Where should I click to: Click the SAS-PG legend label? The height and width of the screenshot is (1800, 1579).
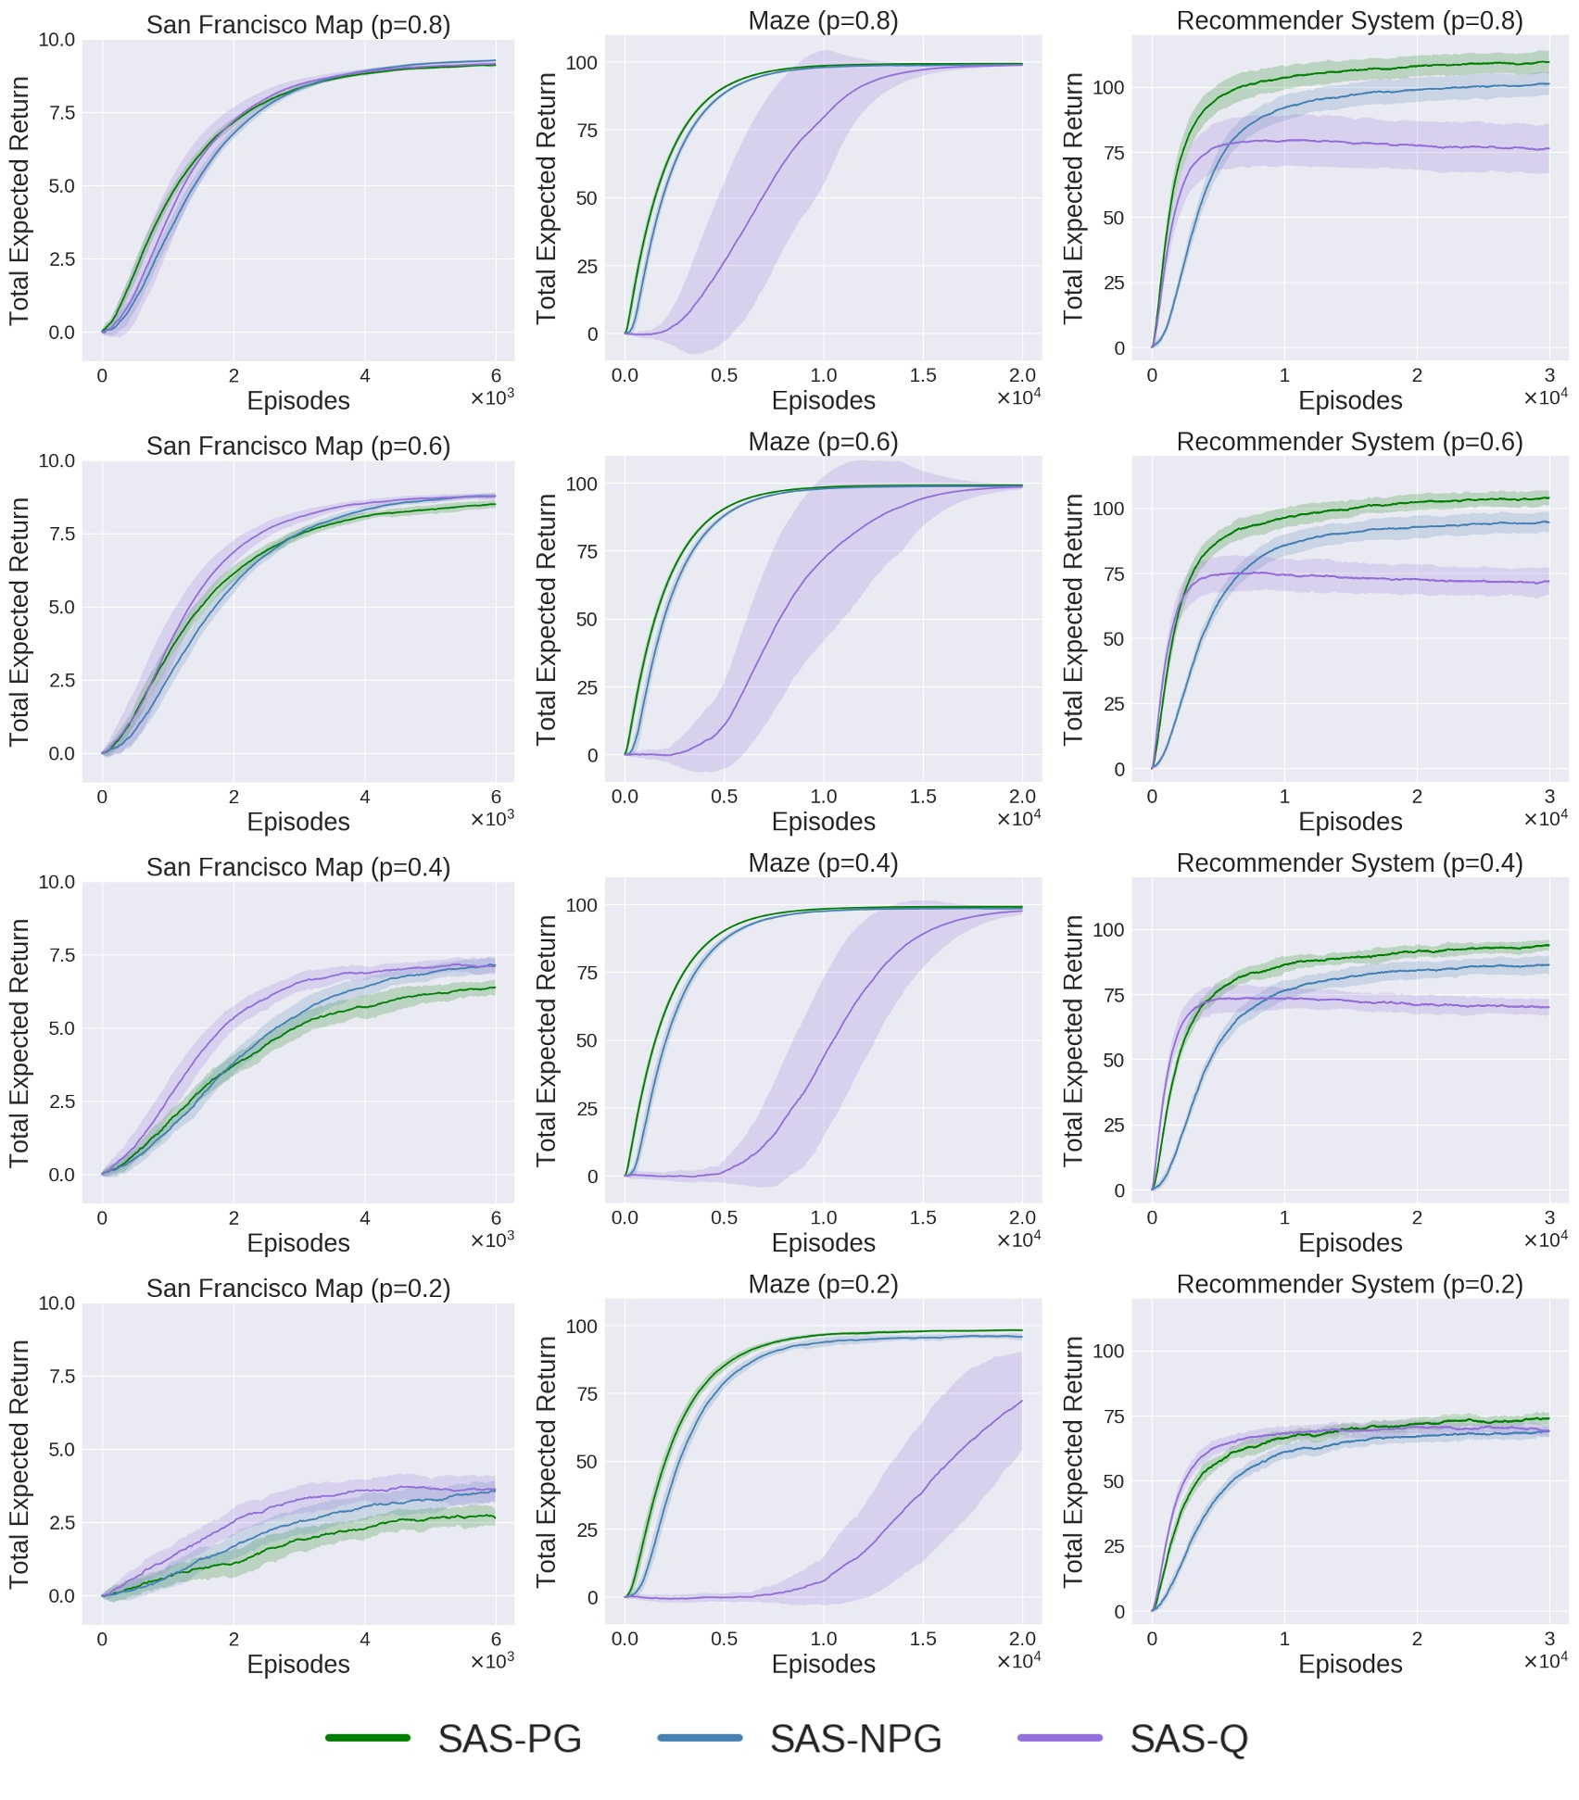click(510, 1739)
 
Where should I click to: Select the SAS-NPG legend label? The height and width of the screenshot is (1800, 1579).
click(855, 1739)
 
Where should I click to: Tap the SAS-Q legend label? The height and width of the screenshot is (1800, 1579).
click(1189, 1739)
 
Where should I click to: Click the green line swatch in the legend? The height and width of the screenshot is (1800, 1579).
click(368, 1738)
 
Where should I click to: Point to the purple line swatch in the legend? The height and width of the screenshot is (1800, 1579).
click(1060, 1738)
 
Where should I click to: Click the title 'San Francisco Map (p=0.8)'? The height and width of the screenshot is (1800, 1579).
click(298, 25)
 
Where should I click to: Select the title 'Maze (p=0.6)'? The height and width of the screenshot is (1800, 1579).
click(823, 442)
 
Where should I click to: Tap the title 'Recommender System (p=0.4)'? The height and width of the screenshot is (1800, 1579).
click(1349, 863)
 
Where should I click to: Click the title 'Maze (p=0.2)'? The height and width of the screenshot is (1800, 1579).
click(823, 1284)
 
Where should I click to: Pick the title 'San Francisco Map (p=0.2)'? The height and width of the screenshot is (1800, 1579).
click(298, 1289)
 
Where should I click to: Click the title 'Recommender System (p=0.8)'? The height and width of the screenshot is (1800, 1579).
click(1349, 21)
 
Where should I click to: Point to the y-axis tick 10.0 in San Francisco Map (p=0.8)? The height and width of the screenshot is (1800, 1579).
click(57, 40)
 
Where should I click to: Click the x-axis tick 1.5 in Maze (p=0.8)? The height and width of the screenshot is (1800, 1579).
click(923, 376)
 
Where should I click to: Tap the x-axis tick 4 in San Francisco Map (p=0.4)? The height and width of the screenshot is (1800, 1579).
click(365, 1218)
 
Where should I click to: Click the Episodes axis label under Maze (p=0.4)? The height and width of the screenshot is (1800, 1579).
click(823, 1243)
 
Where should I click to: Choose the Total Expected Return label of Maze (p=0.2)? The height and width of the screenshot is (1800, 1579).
click(547, 1462)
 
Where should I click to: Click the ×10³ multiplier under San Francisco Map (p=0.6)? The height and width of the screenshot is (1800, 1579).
click(492, 820)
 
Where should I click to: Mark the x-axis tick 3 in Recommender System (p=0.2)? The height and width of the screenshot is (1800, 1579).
click(1549, 1640)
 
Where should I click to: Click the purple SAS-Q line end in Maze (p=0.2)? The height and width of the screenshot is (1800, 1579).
click(1022, 1401)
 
